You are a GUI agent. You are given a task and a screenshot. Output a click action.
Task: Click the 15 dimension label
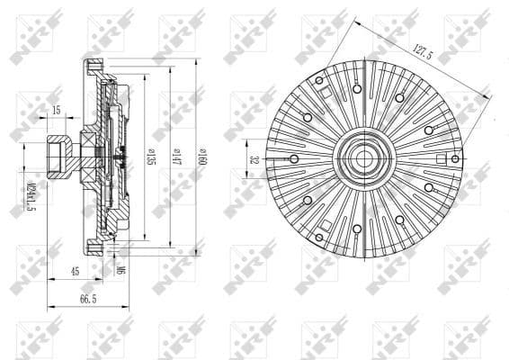pos(56,110)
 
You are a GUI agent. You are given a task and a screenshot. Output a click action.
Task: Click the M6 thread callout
pos(120,268)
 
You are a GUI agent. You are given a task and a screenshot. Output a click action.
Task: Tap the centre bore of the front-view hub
pos(364,158)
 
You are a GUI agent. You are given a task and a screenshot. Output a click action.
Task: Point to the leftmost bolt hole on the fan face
pos(294,158)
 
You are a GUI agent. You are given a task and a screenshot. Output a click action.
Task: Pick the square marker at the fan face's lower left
pos(326,224)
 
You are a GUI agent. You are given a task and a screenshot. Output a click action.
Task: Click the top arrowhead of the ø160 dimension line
pos(196,61)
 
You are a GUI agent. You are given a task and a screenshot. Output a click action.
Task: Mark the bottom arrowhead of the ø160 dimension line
pos(196,254)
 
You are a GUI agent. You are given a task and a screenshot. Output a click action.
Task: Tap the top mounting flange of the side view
pos(94,67)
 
